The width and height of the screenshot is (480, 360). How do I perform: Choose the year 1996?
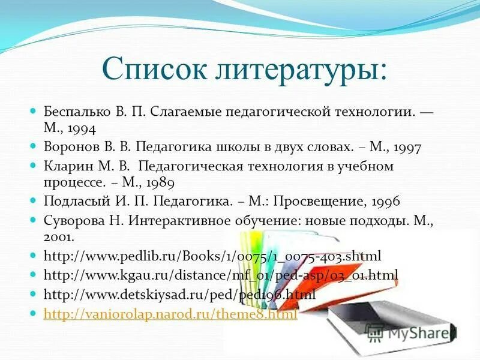(x=385, y=201)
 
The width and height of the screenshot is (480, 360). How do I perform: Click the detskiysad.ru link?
(x=180, y=295)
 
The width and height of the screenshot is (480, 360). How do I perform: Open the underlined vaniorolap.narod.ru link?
(x=171, y=314)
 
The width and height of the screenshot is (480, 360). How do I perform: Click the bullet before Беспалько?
(x=34, y=112)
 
